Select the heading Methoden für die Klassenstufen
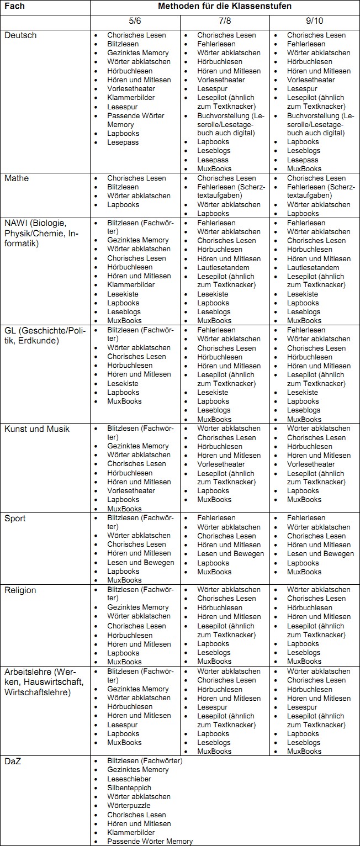point(225,6)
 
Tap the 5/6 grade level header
point(135,21)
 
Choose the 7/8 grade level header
point(225,21)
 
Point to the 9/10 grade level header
point(315,21)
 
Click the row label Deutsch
point(20,35)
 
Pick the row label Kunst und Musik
point(37,429)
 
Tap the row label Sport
point(15,518)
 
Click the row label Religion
point(20,590)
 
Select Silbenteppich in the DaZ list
point(129,787)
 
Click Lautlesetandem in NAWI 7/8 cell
point(223,267)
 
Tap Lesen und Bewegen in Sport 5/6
point(140,562)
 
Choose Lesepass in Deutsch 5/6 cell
point(123,142)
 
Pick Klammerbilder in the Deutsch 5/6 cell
point(131,97)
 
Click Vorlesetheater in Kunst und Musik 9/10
point(311,464)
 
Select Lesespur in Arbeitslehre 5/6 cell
point(123,725)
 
